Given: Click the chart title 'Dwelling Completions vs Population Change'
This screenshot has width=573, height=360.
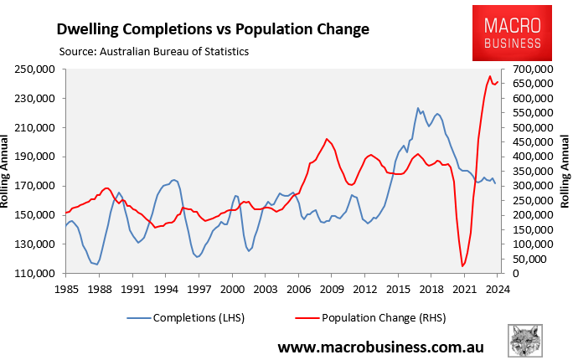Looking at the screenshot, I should pos(213,28).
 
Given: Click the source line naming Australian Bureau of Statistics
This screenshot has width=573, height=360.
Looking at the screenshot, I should pos(154,51).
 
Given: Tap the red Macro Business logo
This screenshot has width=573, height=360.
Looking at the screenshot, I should pos(513,33).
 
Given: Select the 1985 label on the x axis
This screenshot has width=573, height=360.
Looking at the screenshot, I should pos(66,289).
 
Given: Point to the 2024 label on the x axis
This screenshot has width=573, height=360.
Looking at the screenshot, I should pos(496,289).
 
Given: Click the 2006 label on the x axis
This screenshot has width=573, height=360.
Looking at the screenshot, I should pos(297,289).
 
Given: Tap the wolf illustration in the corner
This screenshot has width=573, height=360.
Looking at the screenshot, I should pos(526,342).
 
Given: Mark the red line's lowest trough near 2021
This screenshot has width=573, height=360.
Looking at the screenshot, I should pos(462,266).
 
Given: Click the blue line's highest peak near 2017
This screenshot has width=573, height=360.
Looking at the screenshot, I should pos(418,108).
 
